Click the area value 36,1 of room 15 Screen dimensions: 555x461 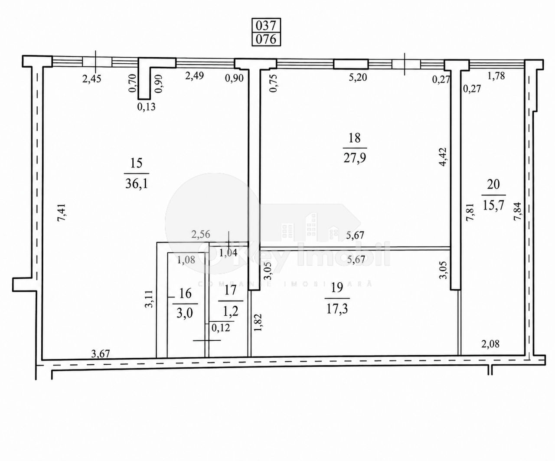click(137, 183)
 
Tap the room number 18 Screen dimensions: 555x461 click(355, 138)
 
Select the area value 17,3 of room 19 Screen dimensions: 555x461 click(337, 309)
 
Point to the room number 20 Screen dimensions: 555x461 click(493, 184)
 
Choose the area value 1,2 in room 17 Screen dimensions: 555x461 click(230, 312)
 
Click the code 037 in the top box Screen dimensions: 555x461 click(266, 26)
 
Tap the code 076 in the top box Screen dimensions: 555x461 click(266, 39)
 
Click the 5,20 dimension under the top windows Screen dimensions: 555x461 click(357, 77)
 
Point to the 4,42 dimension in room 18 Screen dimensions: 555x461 click(444, 157)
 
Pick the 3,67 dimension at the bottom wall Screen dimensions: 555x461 click(100, 353)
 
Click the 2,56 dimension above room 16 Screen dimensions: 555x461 click(201, 234)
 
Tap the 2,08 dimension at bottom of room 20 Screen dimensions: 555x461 click(490, 344)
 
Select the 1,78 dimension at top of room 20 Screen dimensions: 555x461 click(496, 76)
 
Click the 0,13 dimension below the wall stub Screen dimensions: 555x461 click(147, 107)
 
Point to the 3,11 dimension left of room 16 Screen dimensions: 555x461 click(149, 299)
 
